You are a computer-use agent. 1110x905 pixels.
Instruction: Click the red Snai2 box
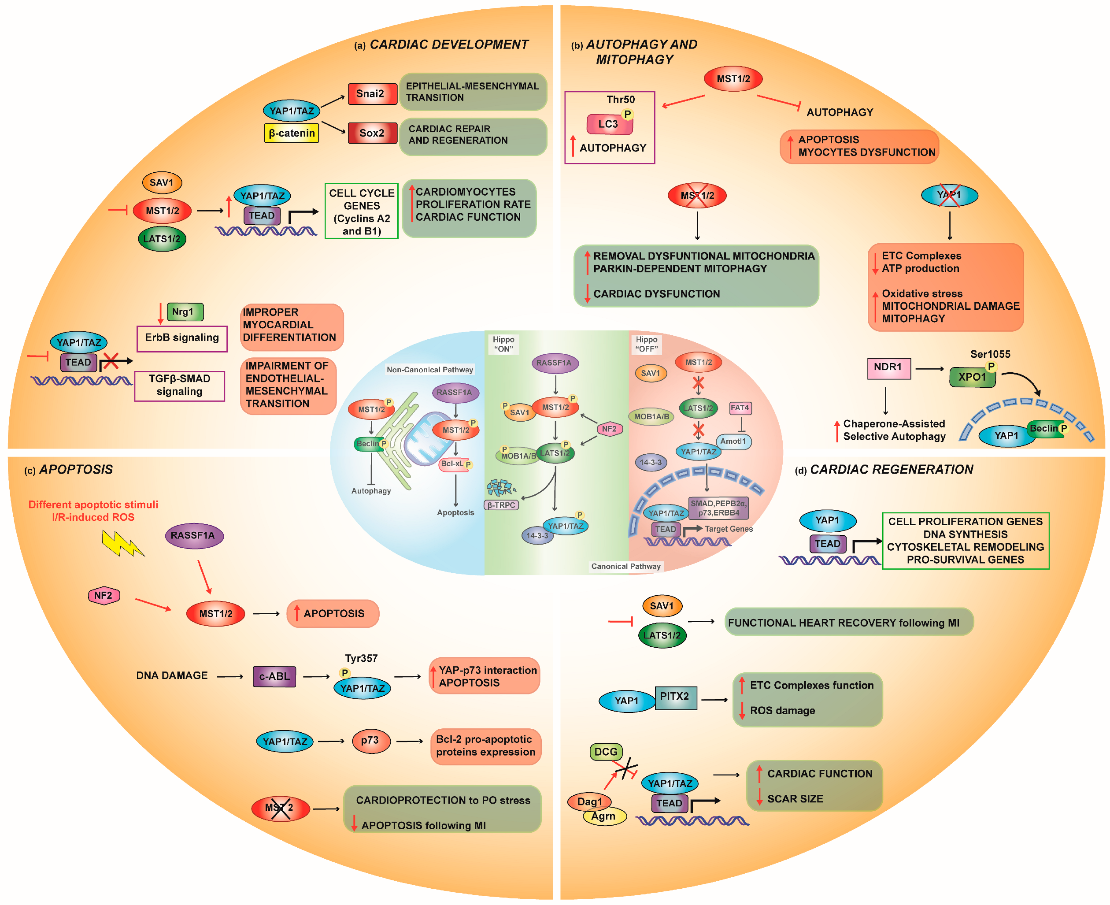tap(372, 94)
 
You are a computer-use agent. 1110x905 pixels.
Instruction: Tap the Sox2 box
tap(372, 133)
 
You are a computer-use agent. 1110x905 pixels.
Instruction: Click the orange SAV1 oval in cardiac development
tap(162, 182)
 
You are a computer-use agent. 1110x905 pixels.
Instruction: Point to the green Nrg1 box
tap(185, 312)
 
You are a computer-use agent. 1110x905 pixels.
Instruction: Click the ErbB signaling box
tap(182, 338)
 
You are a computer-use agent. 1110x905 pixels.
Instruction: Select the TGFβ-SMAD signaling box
tap(179, 385)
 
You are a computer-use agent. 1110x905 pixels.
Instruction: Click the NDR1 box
tap(888, 367)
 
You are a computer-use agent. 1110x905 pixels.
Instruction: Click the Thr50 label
tap(621, 100)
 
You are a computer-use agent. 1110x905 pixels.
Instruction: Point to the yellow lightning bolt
tap(122, 543)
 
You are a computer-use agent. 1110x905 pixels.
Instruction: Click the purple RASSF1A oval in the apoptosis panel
tap(194, 535)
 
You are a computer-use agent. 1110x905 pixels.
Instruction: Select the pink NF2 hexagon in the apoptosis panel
tap(104, 595)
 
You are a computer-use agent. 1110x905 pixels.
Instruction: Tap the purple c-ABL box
tap(274, 676)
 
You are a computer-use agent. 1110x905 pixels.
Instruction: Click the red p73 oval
tap(370, 740)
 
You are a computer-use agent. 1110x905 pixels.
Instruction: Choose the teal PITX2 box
tap(675, 697)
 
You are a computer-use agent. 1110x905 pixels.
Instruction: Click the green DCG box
tap(606, 752)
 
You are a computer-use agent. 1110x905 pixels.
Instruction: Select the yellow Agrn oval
tap(604, 816)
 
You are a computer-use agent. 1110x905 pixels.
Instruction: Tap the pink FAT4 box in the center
tap(740, 408)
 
